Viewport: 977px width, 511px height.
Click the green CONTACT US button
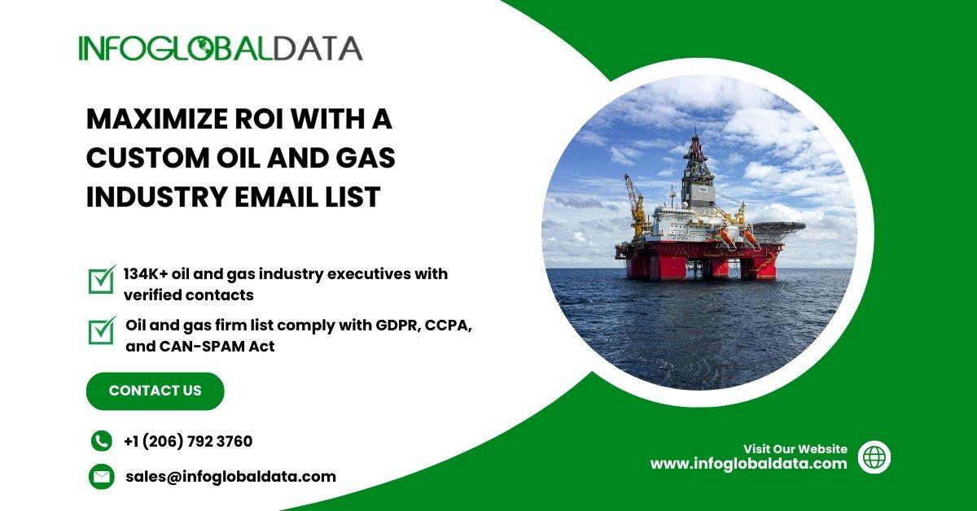point(156,391)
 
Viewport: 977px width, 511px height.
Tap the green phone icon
point(102,441)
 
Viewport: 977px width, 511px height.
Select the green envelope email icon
point(102,477)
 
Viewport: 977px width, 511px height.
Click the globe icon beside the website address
point(874,457)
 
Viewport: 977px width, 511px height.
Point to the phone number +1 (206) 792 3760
point(188,441)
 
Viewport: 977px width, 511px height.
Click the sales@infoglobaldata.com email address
point(230,477)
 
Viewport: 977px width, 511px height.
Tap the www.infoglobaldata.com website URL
point(748,464)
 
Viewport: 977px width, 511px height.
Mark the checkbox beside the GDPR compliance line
point(102,330)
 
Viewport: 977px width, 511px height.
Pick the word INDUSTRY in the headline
point(156,197)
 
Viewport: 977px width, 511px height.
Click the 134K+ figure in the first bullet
point(146,274)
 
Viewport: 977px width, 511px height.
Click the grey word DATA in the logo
point(318,48)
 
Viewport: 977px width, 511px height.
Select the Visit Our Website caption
point(795,449)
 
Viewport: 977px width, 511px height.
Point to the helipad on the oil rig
point(779,227)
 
